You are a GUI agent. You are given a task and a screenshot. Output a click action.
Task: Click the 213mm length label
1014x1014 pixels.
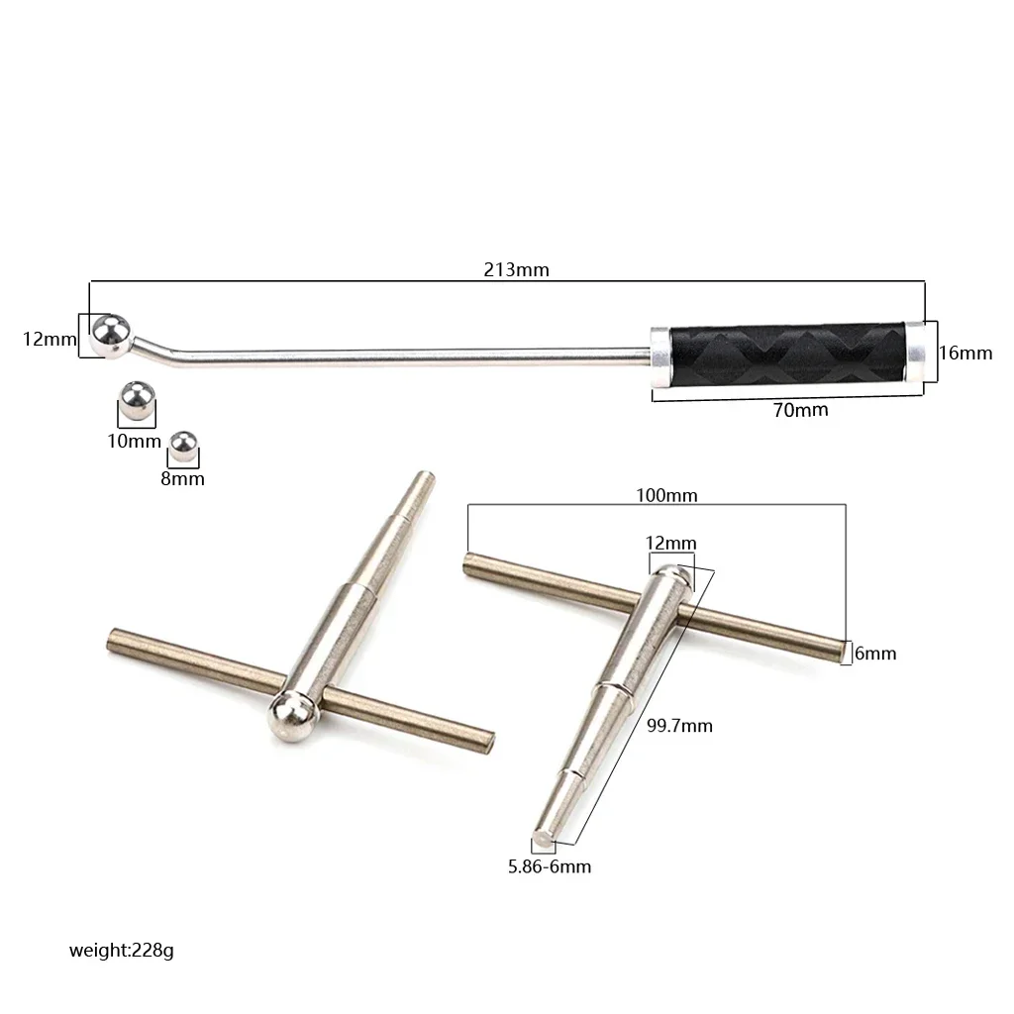516,269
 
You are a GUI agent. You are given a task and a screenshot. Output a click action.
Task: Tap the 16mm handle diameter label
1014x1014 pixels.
965,353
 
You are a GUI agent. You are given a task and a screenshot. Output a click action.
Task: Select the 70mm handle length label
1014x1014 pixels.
800,410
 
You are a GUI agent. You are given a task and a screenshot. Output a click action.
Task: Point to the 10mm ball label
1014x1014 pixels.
134,441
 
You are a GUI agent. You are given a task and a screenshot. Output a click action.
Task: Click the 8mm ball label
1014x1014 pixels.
182,478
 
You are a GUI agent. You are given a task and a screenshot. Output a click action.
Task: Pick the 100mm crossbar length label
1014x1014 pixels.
666,495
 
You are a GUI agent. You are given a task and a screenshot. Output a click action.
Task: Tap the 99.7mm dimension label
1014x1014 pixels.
679,726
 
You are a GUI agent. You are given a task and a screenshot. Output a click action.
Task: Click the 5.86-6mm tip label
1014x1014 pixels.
550,866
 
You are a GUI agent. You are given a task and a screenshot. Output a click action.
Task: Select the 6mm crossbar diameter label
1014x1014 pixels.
875,654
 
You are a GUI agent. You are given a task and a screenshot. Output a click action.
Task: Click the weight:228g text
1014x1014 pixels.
122,950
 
